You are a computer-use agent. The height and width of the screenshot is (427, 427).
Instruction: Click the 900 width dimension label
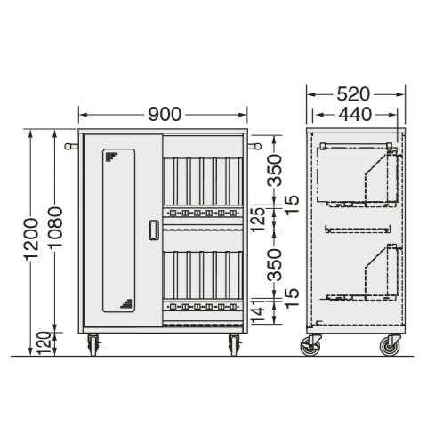click(x=165, y=115)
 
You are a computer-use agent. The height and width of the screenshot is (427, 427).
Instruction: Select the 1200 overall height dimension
click(x=32, y=239)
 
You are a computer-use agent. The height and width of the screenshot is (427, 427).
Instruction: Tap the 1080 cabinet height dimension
click(x=56, y=227)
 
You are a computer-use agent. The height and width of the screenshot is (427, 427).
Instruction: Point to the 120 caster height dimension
click(x=44, y=343)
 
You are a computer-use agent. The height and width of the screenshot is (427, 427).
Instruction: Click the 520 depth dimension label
click(x=353, y=94)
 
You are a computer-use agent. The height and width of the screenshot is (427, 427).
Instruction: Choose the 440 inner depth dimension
click(x=355, y=115)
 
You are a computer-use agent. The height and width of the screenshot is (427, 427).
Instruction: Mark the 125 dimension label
click(x=258, y=220)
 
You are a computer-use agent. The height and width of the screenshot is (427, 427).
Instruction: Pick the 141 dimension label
click(x=258, y=311)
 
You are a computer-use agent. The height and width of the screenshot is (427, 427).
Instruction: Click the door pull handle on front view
click(x=154, y=230)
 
